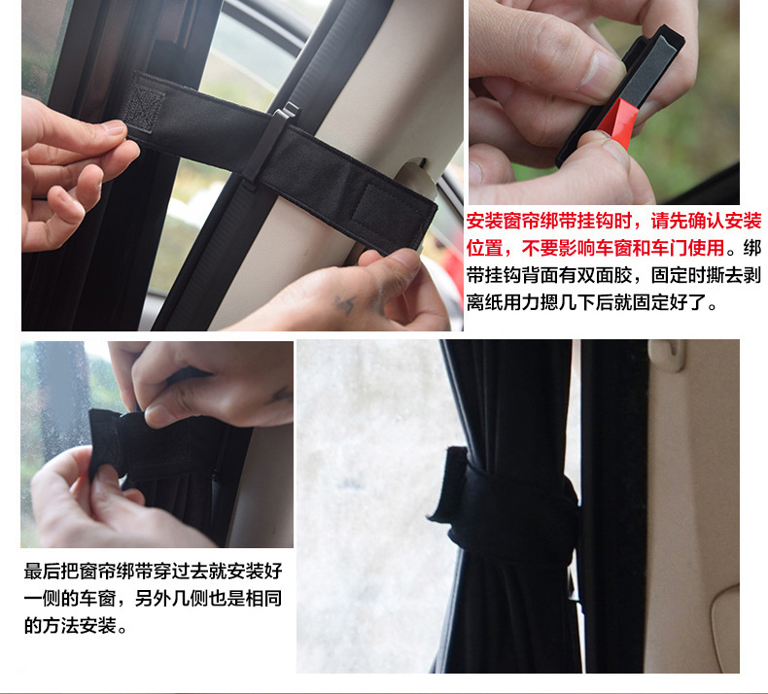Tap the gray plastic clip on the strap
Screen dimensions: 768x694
270,144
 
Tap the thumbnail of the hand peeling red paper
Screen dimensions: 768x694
604,102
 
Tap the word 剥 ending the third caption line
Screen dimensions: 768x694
751,275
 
